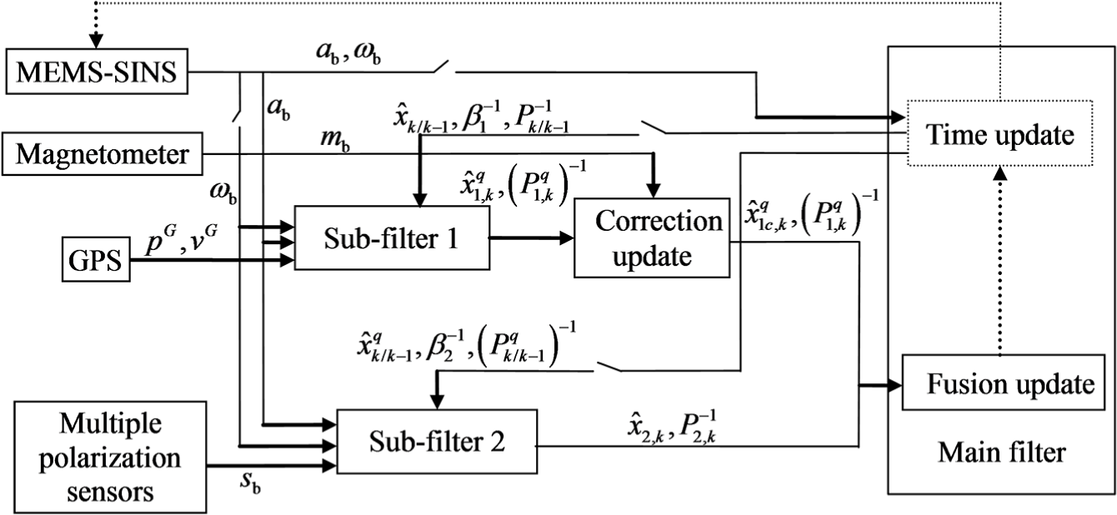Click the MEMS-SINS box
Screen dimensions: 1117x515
(x=97, y=72)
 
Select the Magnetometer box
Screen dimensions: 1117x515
(x=103, y=153)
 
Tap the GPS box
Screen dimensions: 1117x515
(x=96, y=260)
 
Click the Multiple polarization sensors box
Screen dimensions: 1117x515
(x=110, y=457)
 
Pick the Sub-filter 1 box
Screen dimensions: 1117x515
(x=392, y=237)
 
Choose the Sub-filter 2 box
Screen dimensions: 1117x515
(x=437, y=442)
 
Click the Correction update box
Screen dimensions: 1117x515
(x=652, y=237)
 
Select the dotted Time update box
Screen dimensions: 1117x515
(x=999, y=133)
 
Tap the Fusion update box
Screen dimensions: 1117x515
(x=1004, y=382)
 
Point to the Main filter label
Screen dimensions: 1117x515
(x=1002, y=452)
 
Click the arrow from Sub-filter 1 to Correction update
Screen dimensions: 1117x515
(x=532, y=237)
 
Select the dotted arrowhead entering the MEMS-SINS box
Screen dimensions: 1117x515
(x=96, y=42)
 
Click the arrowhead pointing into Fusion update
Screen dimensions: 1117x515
(x=895, y=385)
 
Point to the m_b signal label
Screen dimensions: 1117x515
(x=335, y=140)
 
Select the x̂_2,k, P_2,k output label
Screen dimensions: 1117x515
(x=672, y=427)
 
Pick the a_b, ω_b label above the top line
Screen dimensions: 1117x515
(x=348, y=52)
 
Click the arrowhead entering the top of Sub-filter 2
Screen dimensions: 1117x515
(x=437, y=402)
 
